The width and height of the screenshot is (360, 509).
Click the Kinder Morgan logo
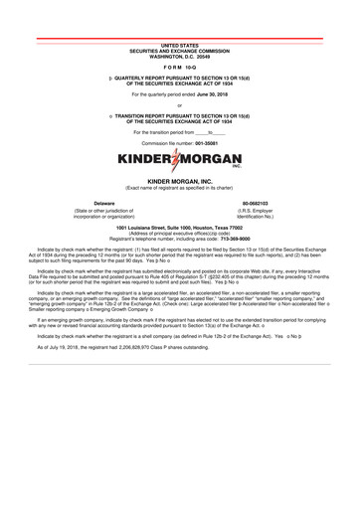180,159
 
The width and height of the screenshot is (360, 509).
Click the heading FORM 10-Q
180,68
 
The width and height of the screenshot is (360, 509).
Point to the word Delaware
105,203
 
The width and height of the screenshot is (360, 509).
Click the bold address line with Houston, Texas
180,228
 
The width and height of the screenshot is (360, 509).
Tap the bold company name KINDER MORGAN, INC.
180,181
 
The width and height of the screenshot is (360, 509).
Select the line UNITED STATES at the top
180,46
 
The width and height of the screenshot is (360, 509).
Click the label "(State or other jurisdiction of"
105,211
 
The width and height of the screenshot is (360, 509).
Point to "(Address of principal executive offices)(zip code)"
180,234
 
